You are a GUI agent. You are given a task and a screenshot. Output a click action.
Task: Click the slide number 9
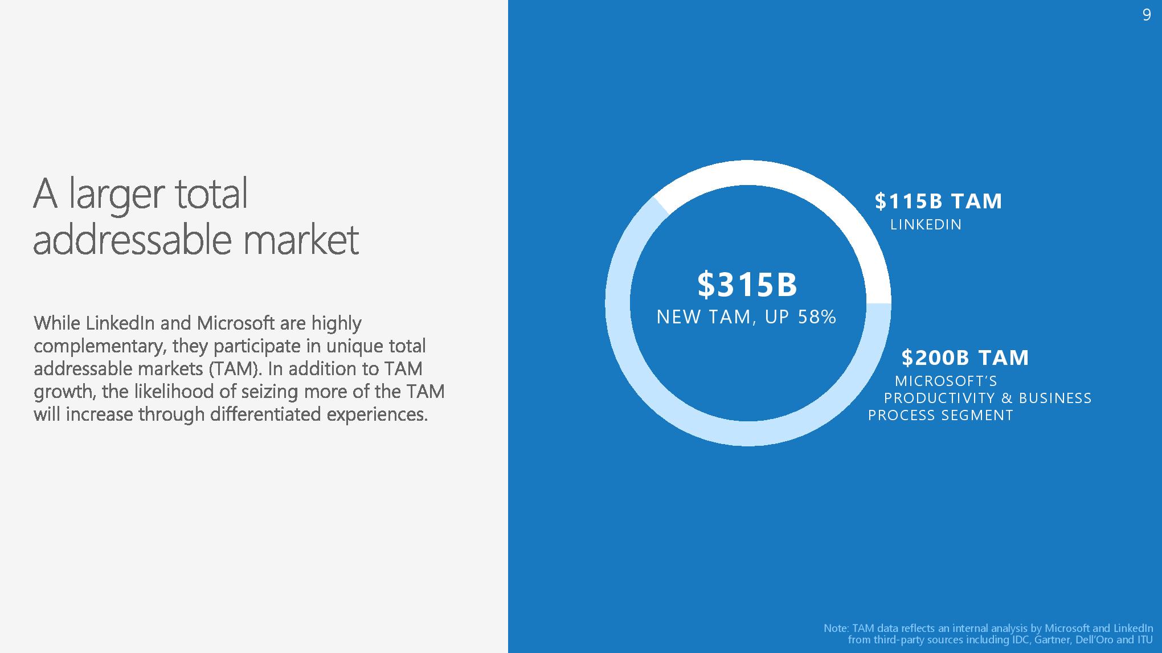click(x=1147, y=15)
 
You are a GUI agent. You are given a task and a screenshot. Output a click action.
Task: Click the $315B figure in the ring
click(x=747, y=284)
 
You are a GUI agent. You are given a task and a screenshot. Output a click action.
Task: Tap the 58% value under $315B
click(x=817, y=317)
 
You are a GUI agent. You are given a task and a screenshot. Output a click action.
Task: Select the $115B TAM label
click(x=938, y=201)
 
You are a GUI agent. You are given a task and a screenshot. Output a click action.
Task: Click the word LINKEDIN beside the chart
click(x=926, y=225)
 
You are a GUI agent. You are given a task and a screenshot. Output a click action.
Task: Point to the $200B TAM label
click(x=965, y=358)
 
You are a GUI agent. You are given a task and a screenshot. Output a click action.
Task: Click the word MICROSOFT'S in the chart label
click(x=946, y=381)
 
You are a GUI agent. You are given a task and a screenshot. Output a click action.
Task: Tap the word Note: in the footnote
click(x=837, y=629)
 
